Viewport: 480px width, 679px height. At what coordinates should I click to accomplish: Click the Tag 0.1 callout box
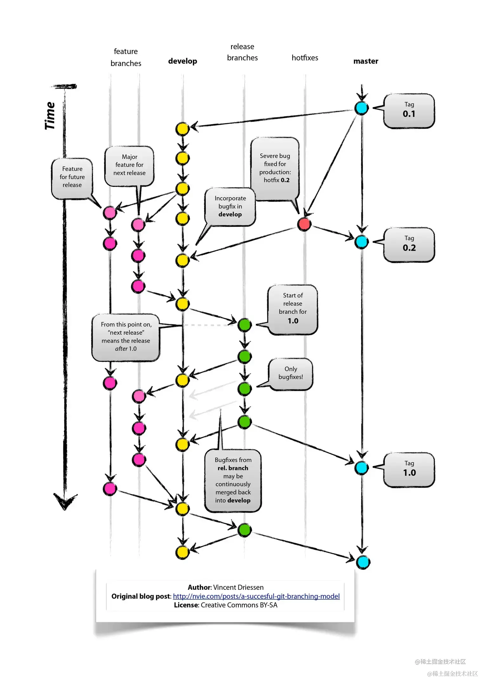click(x=409, y=111)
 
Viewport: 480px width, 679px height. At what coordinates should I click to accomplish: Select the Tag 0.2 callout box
click(x=409, y=244)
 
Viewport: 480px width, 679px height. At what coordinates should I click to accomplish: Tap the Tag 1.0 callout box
click(x=409, y=469)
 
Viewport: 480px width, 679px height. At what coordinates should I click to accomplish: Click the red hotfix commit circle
click(x=304, y=224)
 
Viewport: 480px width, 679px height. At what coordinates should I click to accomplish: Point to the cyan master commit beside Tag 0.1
click(x=362, y=108)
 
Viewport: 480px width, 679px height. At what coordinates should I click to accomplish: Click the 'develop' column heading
click(x=183, y=61)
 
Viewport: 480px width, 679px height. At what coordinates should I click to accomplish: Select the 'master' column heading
click(x=366, y=61)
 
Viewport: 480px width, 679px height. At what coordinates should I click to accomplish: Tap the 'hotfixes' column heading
click(x=305, y=58)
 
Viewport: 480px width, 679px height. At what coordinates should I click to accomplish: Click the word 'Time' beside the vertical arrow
click(x=50, y=116)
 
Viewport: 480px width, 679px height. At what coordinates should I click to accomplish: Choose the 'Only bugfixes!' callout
click(x=291, y=374)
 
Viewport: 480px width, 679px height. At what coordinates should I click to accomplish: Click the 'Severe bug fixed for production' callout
click(x=275, y=168)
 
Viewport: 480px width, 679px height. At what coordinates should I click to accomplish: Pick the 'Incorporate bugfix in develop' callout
click(x=230, y=206)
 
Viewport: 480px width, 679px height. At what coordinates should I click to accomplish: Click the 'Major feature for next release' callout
click(x=129, y=165)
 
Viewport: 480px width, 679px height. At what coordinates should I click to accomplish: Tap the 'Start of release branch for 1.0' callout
click(x=293, y=309)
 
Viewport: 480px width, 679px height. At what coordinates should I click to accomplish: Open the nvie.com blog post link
click(x=256, y=596)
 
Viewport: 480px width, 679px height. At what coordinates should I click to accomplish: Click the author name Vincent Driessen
click(x=238, y=587)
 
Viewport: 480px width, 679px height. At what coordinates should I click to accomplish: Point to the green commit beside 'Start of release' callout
click(x=245, y=325)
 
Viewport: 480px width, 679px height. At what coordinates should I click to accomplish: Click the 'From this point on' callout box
click(x=126, y=337)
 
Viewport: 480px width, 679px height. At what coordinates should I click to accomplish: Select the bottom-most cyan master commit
click(x=363, y=562)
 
